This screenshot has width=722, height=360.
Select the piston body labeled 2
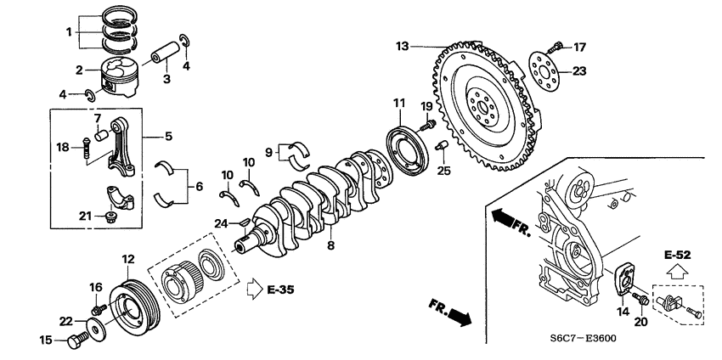point(119,77)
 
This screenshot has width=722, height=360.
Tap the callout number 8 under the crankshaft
point(330,245)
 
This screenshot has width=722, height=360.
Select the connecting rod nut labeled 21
point(110,218)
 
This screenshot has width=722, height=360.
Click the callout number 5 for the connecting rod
point(167,136)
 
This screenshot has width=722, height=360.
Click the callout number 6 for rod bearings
point(200,186)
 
